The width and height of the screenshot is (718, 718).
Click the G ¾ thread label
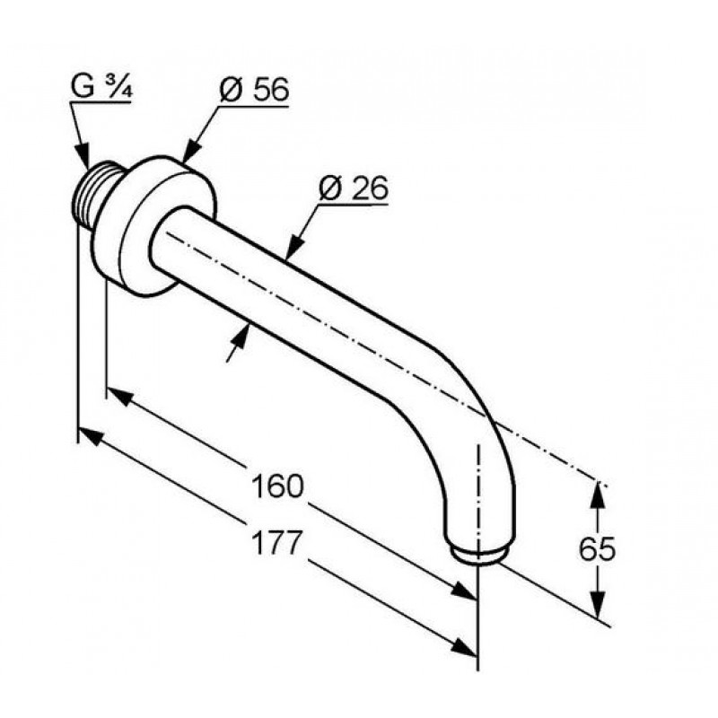(101, 87)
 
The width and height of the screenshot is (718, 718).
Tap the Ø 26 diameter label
(354, 188)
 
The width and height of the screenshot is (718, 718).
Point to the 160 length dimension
(277, 486)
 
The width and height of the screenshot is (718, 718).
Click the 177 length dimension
(277, 543)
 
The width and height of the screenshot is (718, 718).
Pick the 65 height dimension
(597, 549)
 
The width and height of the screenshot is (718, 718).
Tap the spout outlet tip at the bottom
(477, 554)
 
